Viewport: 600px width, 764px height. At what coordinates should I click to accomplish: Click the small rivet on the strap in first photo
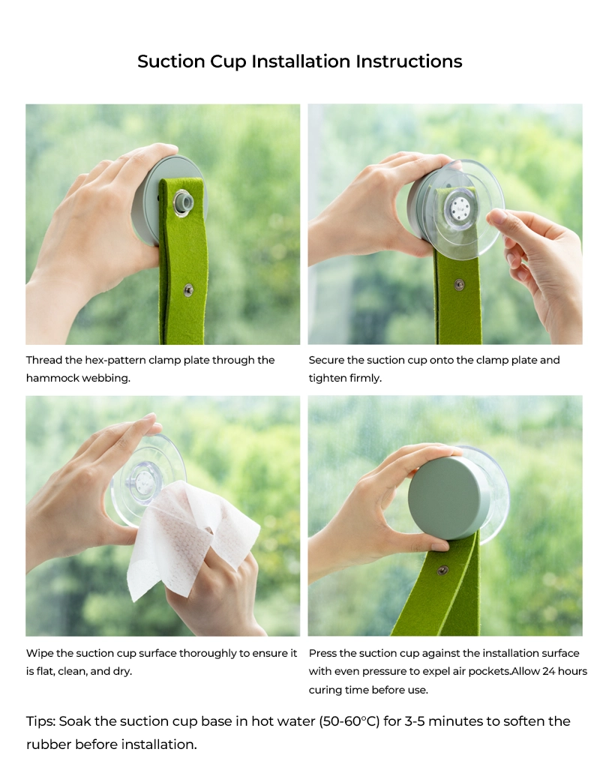tap(188, 289)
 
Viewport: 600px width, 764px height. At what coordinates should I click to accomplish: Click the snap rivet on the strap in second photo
tap(460, 284)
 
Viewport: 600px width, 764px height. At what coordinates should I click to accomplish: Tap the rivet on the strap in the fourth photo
tap(442, 570)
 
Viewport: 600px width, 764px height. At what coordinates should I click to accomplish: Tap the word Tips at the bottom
tap(40, 721)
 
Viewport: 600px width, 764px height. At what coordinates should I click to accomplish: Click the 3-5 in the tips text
tap(442, 721)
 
